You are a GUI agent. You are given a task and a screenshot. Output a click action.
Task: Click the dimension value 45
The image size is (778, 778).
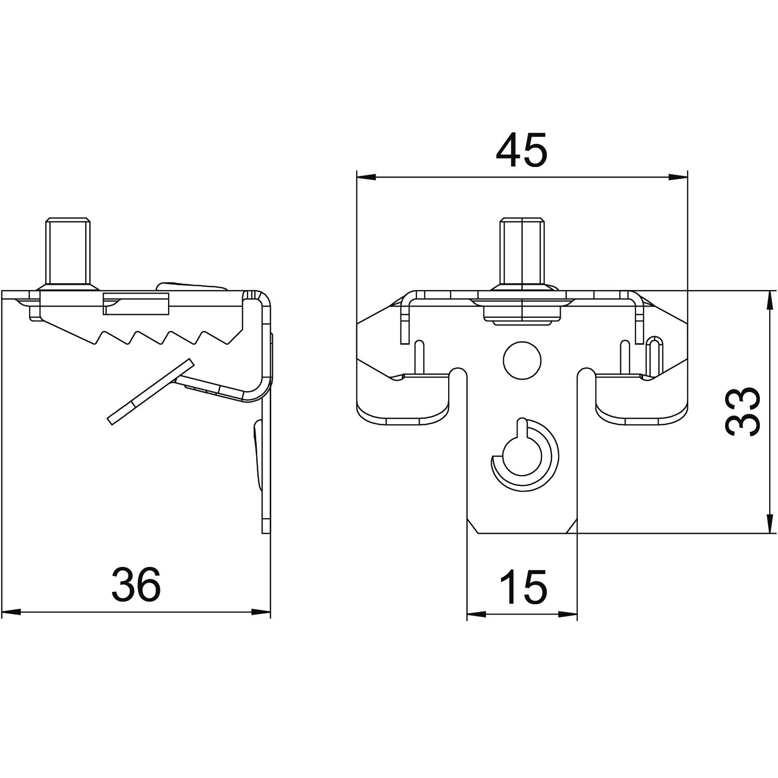click(521, 150)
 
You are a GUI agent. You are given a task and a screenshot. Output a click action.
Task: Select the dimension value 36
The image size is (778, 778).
click(136, 584)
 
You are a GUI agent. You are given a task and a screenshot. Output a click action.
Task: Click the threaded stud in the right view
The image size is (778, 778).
click(522, 252)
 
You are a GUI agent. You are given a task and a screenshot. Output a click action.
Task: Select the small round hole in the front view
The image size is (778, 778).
click(522, 359)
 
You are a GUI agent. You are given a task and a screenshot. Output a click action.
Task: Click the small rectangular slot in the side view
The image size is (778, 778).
click(136, 304)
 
